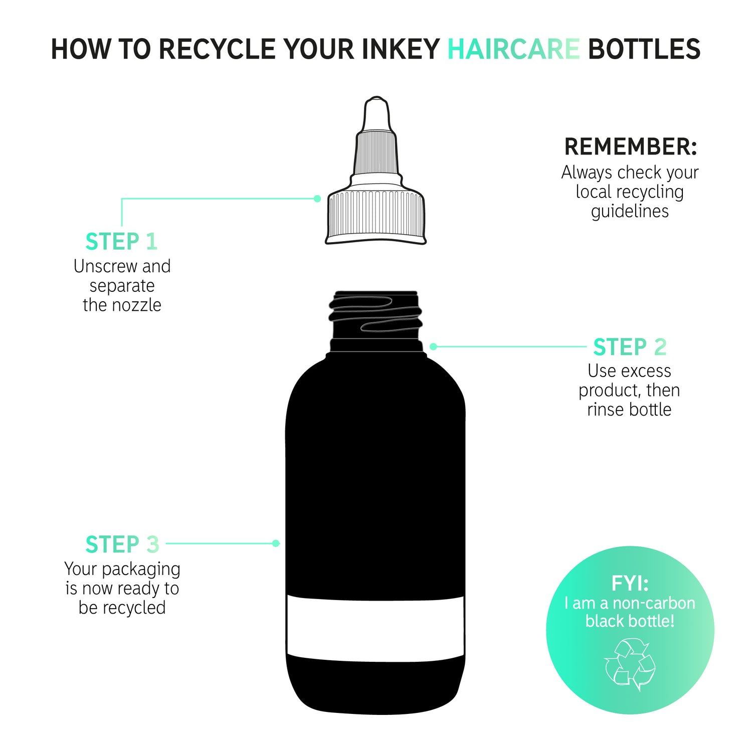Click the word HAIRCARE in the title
point(513,49)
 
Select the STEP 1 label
point(122,242)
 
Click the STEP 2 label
point(630,347)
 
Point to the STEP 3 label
point(122,544)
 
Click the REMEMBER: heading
point(631,147)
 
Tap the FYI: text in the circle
point(630,584)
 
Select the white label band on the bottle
point(375,628)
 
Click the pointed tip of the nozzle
point(376,98)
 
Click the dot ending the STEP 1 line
point(317,199)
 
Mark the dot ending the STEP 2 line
point(434,346)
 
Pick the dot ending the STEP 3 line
point(275,543)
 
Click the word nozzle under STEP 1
point(137,305)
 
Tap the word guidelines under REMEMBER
point(630,212)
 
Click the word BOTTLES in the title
point(644,49)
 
